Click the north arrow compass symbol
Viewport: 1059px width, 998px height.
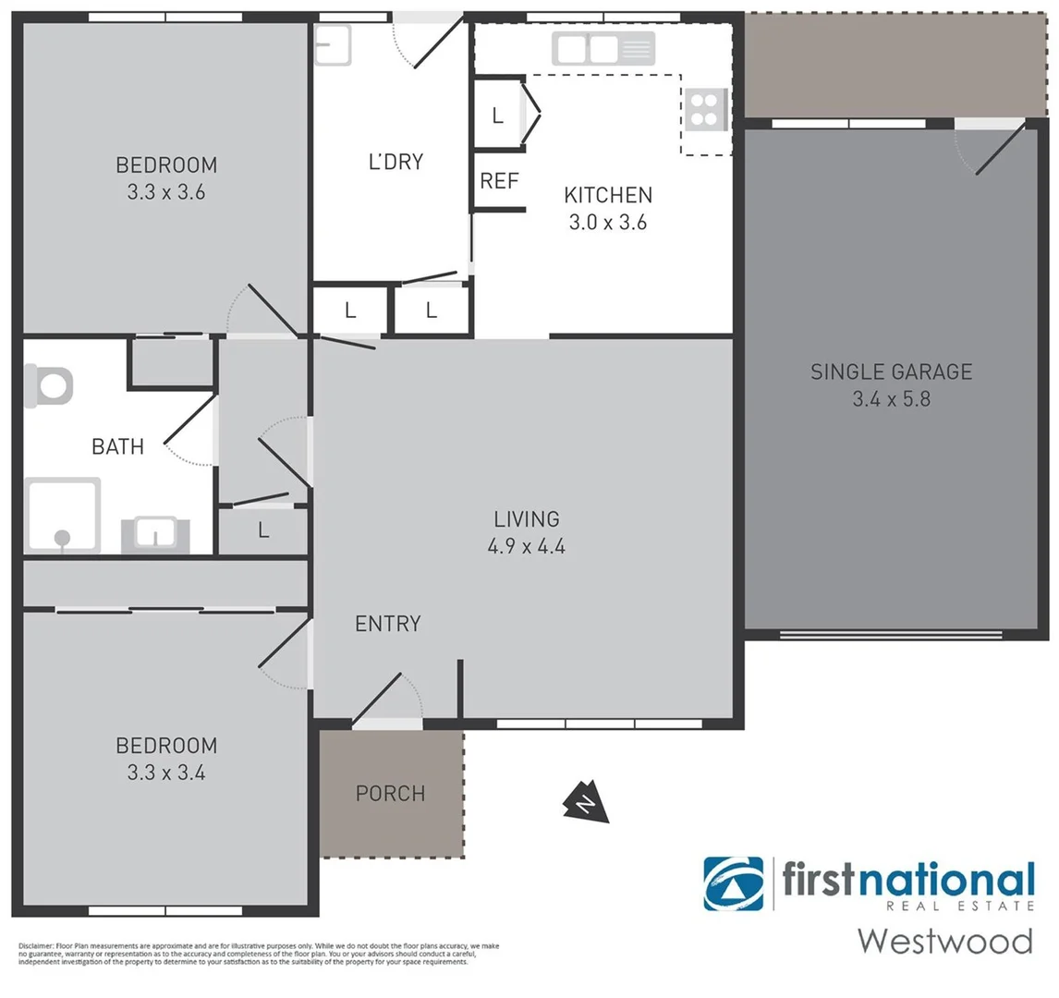coord(586,803)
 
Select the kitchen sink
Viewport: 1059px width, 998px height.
coord(603,48)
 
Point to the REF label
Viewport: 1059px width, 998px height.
coord(499,181)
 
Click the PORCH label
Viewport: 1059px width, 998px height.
coord(390,794)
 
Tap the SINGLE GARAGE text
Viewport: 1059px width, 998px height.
coord(891,371)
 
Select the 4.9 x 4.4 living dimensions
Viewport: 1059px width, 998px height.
coord(526,546)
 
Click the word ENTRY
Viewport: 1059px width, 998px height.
coord(387,624)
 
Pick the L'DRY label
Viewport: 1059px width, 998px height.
coord(396,162)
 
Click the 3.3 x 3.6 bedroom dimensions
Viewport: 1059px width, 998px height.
coord(166,193)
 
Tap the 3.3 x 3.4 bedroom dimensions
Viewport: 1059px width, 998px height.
coord(166,773)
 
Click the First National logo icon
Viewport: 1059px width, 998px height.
coord(734,884)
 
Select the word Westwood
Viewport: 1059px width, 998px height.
coord(944,941)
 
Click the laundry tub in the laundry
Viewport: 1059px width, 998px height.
coord(333,44)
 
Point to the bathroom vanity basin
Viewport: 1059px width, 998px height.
coord(155,534)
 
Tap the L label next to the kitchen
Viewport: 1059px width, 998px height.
coord(497,116)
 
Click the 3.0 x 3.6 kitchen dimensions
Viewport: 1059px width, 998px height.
coord(607,223)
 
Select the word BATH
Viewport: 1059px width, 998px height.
coord(117,447)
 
